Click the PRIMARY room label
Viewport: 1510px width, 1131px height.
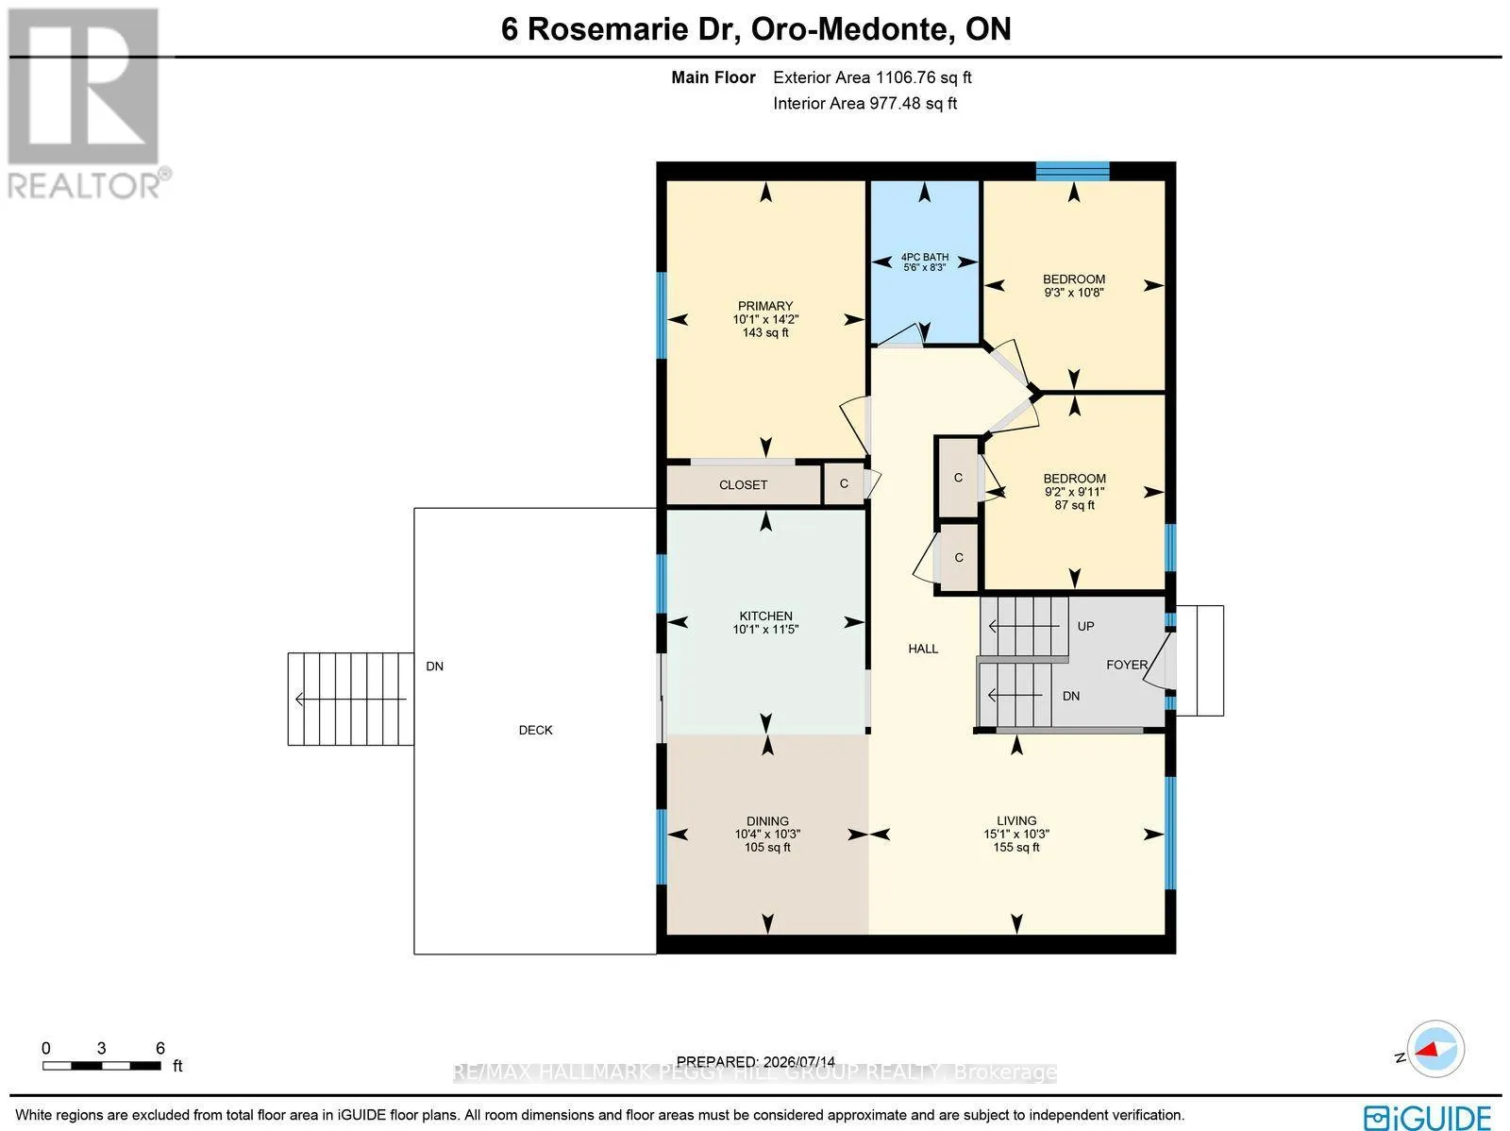[765, 306]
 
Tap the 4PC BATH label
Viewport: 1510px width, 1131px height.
[925, 257]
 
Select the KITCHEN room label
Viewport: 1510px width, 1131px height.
[765, 616]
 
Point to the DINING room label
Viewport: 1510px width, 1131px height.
[767, 820]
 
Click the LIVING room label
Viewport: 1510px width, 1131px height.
[1016, 820]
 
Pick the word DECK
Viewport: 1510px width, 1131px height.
[535, 730]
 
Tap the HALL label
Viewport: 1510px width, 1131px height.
[922, 649]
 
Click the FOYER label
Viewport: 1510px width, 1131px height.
[1127, 665]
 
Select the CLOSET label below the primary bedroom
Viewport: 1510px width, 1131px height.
[743, 485]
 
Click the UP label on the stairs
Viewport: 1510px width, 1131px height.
[1085, 626]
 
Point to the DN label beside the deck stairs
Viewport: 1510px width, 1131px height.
[435, 666]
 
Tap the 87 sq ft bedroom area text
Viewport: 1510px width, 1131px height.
[1074, 505]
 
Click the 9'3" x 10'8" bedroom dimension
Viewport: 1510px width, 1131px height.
[1074, 293]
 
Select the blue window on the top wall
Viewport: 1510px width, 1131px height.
[1072, 171]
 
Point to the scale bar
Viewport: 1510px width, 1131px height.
[102, 1066]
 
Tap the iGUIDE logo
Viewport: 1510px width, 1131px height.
[1427, 1117]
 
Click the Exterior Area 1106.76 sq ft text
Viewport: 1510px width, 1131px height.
[872, 77]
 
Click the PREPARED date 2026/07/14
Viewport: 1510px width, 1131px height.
[798, 1061]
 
